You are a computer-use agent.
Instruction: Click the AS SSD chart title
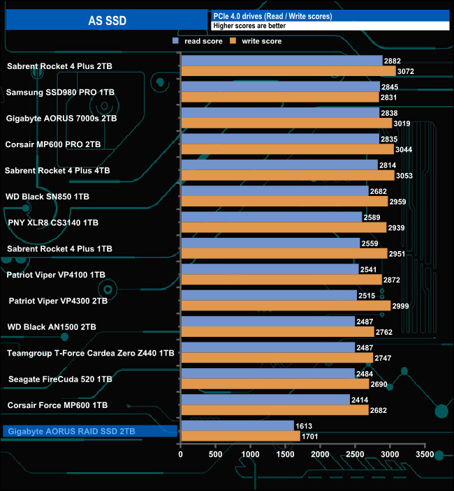106,20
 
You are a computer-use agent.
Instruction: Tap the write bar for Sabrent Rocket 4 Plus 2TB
288,71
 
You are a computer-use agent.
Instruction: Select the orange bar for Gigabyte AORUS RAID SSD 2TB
240,436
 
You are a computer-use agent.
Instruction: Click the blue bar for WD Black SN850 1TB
274,191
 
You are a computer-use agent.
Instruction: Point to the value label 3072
406,72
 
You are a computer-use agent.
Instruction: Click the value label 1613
305,426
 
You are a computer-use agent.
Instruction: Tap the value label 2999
401,306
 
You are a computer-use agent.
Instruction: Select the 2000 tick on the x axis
320,455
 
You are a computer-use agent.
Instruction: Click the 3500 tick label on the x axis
425,455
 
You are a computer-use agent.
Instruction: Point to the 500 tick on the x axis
216,455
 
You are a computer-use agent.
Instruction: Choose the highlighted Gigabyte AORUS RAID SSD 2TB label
71,432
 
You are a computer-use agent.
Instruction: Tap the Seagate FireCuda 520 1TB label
60,379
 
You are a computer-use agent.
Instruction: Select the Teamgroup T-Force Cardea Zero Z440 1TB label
90,353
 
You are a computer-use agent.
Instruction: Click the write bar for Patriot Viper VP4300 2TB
286,305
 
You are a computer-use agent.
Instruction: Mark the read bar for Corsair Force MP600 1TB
265,400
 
